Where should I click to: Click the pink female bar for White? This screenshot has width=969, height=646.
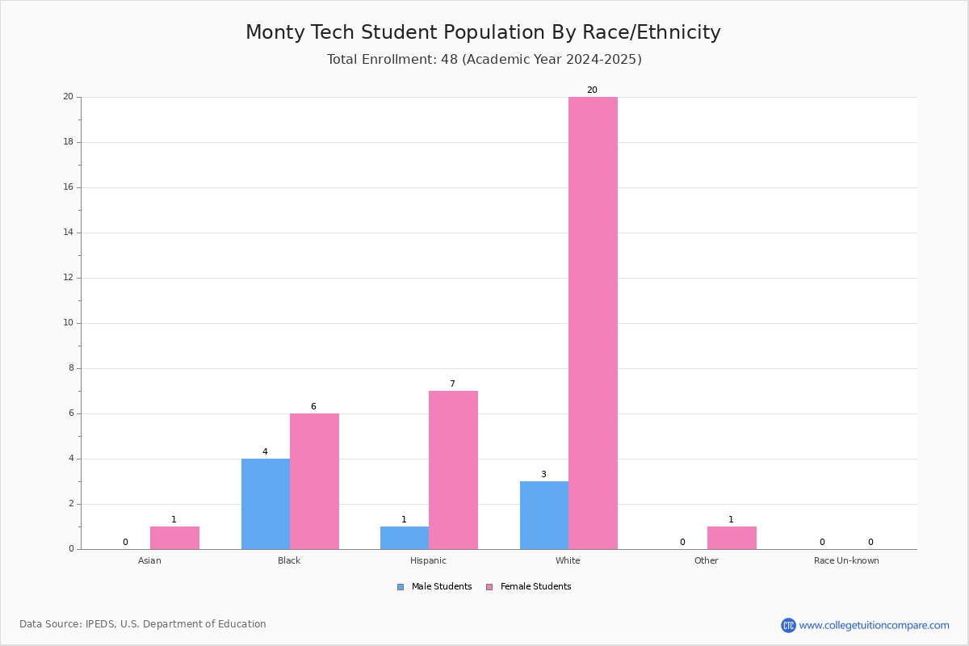(x=593, y=323)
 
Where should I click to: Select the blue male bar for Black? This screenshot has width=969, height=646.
(x=266, y=504)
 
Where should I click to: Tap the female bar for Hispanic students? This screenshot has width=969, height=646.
(x=453, y=470)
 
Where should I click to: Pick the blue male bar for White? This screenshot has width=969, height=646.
(x=544, y=515)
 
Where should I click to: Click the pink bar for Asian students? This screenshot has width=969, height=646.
(x=174, y=538)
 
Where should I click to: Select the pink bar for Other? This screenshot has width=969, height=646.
(x=732, y=538)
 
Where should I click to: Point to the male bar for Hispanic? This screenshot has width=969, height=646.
(x=405, y=538)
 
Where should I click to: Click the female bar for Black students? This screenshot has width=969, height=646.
(x=314, y=481)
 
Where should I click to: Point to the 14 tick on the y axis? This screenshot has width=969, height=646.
(x=69, y=233)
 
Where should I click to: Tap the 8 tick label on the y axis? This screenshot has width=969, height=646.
(x=70, y=368)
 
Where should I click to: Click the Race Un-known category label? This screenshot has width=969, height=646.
(x=846, y=560)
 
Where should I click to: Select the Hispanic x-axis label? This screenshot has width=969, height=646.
(x=428, y=560)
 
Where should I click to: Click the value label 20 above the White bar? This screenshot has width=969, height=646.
(x=592, y=90)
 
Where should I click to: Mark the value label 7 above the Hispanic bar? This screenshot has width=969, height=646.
(x=452, y=384)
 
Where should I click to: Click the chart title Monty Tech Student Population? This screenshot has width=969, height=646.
(x=483, y=32)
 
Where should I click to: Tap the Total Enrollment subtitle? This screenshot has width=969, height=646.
(x=484, y=60)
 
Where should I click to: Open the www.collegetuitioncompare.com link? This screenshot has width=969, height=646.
(x=874, y=625)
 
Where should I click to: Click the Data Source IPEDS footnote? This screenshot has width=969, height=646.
(x=143, y=624)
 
